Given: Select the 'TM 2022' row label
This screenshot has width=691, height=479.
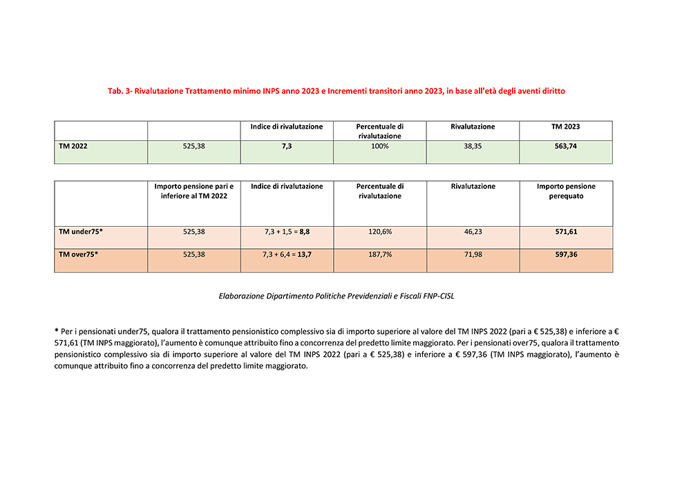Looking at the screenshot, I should pyautogui.click(x=73, y=146).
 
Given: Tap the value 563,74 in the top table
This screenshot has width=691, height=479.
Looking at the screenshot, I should pyautogui.click(x=566, y=146).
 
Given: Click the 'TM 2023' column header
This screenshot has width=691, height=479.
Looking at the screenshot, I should pyautogui.click(x=566, y=126).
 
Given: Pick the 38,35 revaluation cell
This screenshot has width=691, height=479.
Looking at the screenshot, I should pyautogui.click(x=473, y=146).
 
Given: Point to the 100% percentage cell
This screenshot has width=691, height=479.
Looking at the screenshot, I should pyautogui.click(x=380, y=146).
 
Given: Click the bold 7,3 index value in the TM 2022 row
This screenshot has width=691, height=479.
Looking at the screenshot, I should pyautogui.click(x=287, y=146).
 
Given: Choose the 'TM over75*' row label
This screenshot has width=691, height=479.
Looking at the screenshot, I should pyautogui.click(x=78, y=254).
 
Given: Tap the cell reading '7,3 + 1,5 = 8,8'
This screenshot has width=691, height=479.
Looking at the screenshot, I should pyautogui.click(x=287, y=231).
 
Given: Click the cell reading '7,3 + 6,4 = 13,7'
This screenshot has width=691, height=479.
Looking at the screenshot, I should pyautogui.click(x=287, y=254).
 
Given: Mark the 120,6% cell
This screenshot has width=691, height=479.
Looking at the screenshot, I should pyautogui.click(x=380, y=231).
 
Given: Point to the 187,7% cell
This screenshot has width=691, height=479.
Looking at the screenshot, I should pyautogui.click(x=380, y=254).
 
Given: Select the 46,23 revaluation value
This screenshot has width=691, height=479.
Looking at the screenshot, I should pyautogui.click(x=473, y=231).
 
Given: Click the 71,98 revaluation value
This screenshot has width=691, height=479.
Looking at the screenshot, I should pyautogui.click(x=473, y=254).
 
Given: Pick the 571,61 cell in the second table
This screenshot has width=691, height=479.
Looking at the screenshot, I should pyautogui.click(x=566, y=231).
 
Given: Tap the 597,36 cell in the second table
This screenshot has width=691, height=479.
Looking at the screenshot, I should pyautogui.click(x=566, y=254).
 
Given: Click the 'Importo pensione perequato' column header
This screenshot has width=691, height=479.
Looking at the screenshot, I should pyautogui.click(x=566, y=191).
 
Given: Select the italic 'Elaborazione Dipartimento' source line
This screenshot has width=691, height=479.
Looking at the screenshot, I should pyautogui.click(x=337, y=296).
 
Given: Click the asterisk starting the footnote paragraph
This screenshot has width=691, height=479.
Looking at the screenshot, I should pyautogui.click(x=57, y=331).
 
